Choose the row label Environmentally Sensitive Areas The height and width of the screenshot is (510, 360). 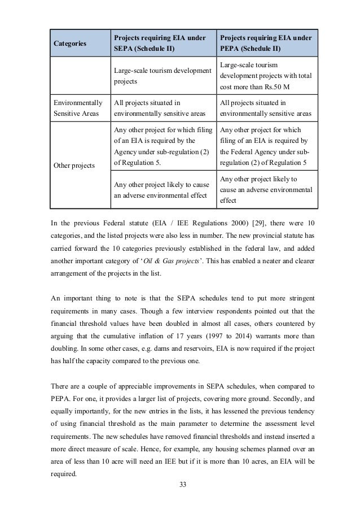tap(78, 107)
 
